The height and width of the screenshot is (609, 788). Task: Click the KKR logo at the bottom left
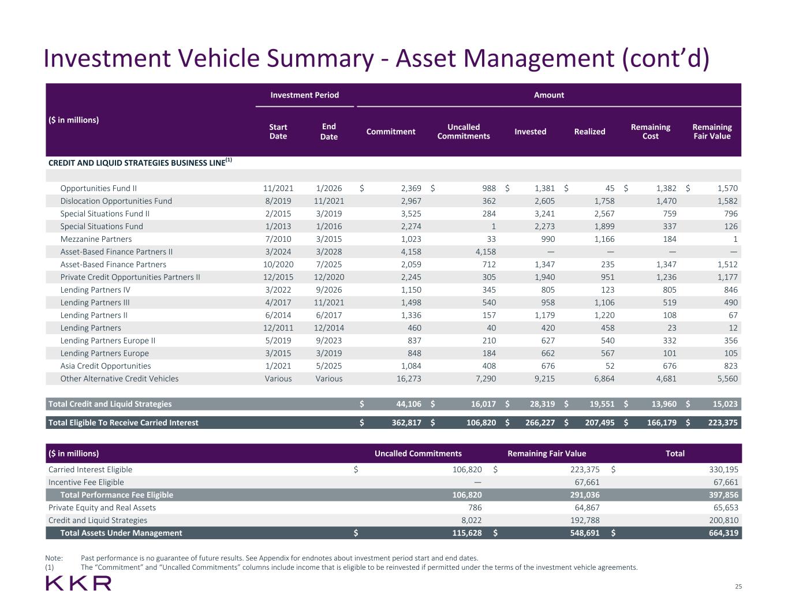coord(79,584)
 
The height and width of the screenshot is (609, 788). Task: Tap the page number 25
coord(738,586)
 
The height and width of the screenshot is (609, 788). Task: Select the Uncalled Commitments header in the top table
coord(464,132)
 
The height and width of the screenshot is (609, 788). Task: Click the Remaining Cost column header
coord(651,132)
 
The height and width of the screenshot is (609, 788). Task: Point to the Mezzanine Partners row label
coord(96,239)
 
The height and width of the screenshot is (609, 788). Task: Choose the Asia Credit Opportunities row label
coord(106,366)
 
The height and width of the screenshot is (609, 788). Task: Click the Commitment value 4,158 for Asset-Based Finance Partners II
coord(411,252)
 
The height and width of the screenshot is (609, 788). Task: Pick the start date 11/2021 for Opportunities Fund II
coord(278,189)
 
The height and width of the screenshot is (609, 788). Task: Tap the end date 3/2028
coord(329,252)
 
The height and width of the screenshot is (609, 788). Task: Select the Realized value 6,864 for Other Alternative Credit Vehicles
coord(604,379)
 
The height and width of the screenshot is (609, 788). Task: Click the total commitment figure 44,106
coord(409,404)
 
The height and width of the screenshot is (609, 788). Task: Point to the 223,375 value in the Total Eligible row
coord(723,423)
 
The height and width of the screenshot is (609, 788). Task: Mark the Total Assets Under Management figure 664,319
coord(723,533)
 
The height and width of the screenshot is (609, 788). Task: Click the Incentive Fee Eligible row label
coord(86,483)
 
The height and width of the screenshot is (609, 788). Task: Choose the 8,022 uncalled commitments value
coord(472,521)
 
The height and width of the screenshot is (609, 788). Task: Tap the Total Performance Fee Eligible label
coord(117,495)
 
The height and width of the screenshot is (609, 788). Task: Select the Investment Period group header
coord(305,95)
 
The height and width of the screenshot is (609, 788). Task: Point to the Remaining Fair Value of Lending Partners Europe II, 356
coord(731,341)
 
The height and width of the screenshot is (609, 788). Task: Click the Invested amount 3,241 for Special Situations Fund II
coord(545,214)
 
